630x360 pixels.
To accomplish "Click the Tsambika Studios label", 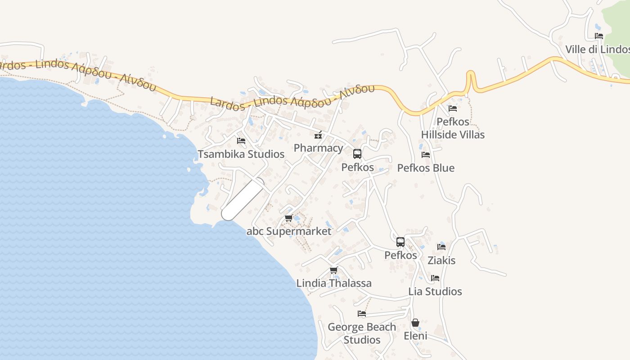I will (x=241, y=154).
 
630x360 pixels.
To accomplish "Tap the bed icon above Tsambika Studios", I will (x=241, y=141).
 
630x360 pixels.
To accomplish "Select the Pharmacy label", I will (x=318, y=148).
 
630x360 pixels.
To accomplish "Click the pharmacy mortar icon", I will (x=318, y=135).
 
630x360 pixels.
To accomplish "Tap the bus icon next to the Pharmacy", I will (x=357, y=154).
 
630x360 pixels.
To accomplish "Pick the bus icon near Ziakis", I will (x=400, y=242).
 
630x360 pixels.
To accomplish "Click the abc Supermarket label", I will (x=289, y=231).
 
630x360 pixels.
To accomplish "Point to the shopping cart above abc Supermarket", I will (x=289, y=218).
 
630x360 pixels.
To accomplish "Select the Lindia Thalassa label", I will (x=334, y=283).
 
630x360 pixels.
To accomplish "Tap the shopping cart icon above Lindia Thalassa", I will (x=333, y=270).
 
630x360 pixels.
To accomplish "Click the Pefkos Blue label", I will (x=426, y=168).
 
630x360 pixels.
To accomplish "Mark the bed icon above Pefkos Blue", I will (x=425, y=155).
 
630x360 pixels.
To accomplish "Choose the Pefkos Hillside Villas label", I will (x=453, y=128).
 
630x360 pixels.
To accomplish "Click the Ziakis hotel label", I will (x=441, y=261).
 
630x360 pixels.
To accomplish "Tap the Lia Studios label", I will (x=435, y=291).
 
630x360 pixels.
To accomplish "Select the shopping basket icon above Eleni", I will (x=415, y=323).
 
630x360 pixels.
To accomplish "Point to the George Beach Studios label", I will (x=362, y=333).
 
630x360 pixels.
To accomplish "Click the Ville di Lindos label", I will (x=597, y=49).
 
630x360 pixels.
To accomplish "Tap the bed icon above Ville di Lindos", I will (x=599, y=36).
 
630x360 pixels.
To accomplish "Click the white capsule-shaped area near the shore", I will (x=243, y=199).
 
